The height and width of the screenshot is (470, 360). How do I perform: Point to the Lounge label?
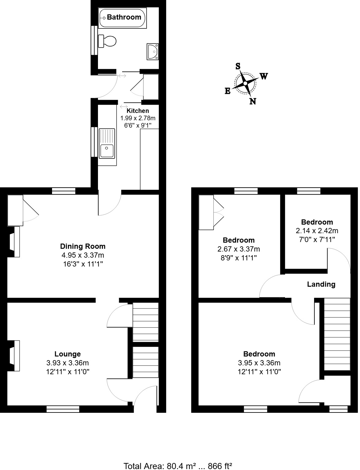click(68, 354)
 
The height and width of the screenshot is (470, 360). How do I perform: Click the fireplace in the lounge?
click(14, 356)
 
